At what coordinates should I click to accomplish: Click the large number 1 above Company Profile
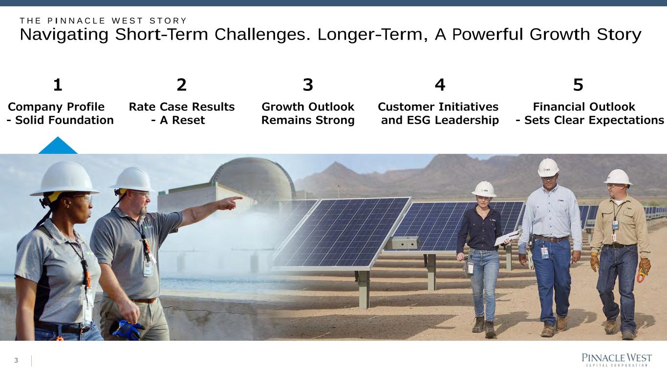[58, 85]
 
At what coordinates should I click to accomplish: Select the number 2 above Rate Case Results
[182, 85]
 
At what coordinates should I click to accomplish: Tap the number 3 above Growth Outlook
[308, 85]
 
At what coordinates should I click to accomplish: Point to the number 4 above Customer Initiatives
[440, 85]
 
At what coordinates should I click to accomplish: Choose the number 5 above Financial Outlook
[578, 85]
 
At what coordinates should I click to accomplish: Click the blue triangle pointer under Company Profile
[58, 146]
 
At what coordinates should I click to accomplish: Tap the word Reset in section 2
[188, 120]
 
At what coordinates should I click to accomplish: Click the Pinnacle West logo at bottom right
[617, 360]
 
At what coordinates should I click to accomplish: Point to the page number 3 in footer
[16, 361]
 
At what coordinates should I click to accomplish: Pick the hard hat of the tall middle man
[548, 167]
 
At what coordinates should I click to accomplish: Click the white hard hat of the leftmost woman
[65, 179]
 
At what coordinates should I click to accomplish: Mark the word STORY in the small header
[168, 21]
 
